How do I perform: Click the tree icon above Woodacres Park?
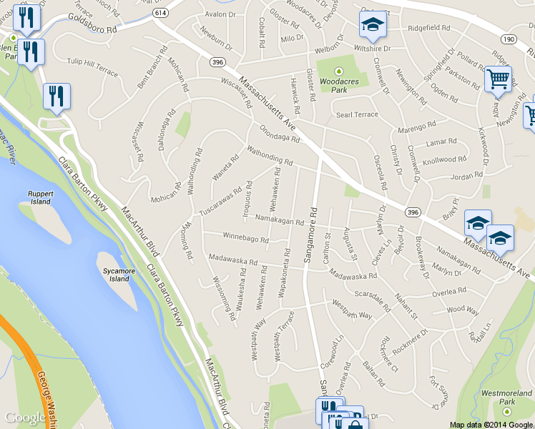pyautogui.click(x=340, y=71)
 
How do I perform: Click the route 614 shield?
pyautogui.click(x=160, y=13)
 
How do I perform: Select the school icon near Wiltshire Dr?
pyautogui.click(x=373, y=26)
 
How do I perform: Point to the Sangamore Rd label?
pyautogui.click(x=313, y=236)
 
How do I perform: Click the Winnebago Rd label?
pyautogui.click(x=245, y=237)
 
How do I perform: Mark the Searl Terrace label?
pyautogui.click(x=357, y=114)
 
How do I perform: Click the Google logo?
pyautogui.click(x=25, y=418)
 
